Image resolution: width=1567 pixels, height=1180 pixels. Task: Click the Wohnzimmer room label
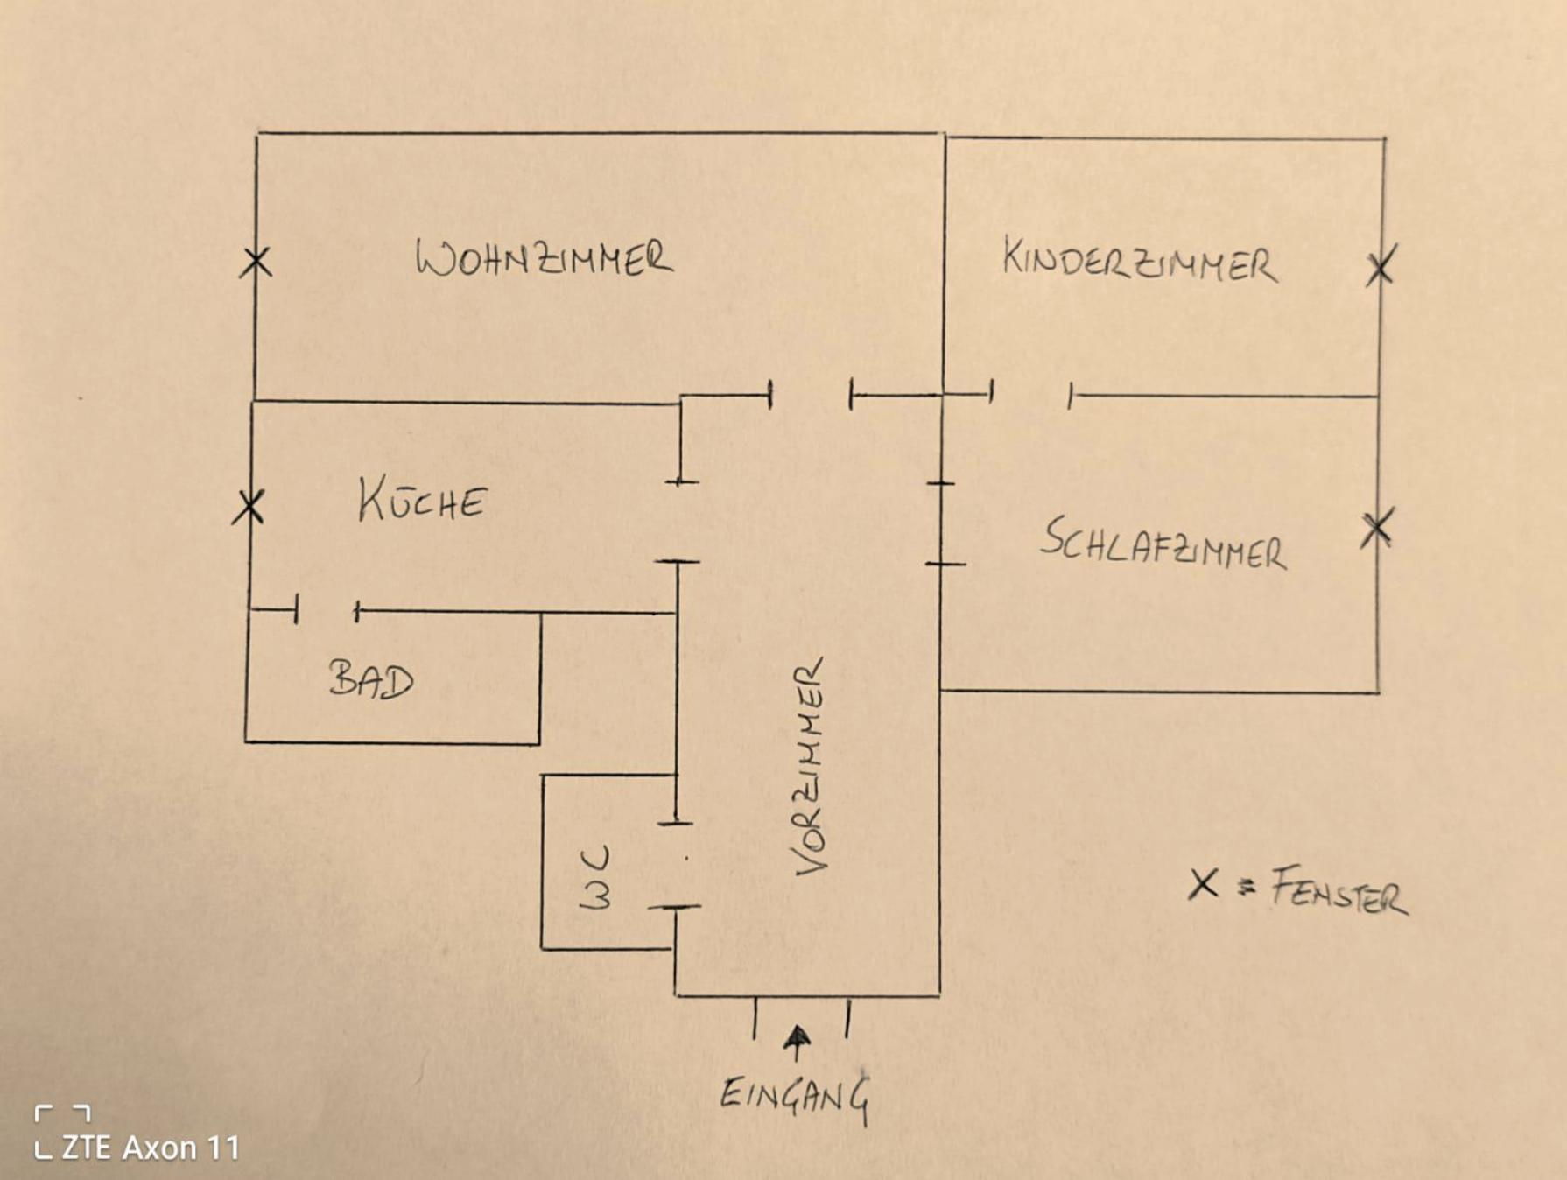pyautogui.click(x=544, y=259)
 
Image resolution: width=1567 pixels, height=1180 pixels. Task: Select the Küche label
pyautogui.click(x=421, y=502)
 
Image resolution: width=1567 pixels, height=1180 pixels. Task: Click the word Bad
pyautogui.click(x=371, y=680)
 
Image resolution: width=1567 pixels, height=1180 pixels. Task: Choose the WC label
pyautogui.click(x=595, y=877)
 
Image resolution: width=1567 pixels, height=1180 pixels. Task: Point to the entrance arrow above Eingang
pyautogui.click(x=797, y=1041)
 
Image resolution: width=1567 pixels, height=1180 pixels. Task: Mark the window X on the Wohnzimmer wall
pyautogui.click(x=256, y=262)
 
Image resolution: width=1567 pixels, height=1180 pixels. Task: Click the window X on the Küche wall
pyautogui.click(x=249, y=507)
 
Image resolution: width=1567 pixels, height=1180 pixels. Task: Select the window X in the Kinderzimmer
pyautogui.click(x=1381, y=266)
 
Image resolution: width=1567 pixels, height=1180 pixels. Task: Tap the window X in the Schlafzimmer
pyautogui.click(x=1376, y=528)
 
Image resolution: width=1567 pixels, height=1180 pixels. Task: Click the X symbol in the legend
pyautogui.click(x=1204, y=884)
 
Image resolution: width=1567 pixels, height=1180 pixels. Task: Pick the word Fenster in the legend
pyautogui.click(x=1339, y=891)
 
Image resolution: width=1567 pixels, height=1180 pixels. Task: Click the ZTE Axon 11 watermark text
pyautogui.click(x=150, y=1148)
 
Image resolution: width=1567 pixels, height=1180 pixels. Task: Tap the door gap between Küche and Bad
pyautogui.click(x=327, y=610)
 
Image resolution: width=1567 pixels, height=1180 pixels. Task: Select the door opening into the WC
pyautogui.click(x=675, y=865)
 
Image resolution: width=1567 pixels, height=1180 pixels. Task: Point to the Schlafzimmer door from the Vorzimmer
pyautogui.click(x=941, y=523)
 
